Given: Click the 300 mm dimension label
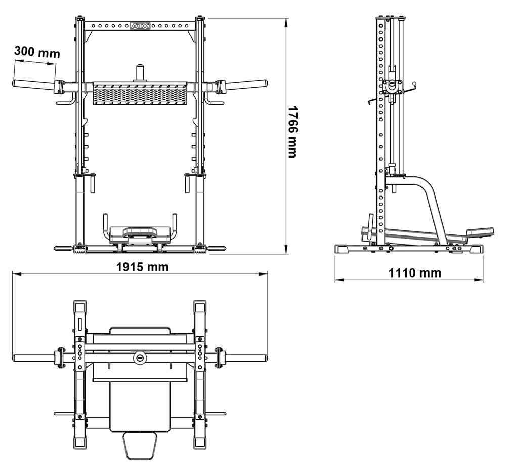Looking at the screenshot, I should tap(37, 52).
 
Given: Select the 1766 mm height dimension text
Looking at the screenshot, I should tap(292, 132).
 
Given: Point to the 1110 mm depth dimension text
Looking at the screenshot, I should tap(414, 273).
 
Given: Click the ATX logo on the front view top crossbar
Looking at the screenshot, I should tap(140, 25).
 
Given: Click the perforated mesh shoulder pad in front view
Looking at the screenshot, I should tap(140, 94).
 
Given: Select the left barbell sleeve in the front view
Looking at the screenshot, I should tap(33, 84).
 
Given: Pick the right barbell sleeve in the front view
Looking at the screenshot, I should tap(246, 84).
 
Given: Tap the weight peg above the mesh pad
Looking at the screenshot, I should tap(140, 72).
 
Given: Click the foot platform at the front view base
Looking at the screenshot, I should tap(140, 233).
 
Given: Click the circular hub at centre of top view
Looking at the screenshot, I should tap(140, 358).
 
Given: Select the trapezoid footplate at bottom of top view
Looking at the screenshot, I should tap(139, 445).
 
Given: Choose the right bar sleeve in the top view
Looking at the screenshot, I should tap(246, 358).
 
